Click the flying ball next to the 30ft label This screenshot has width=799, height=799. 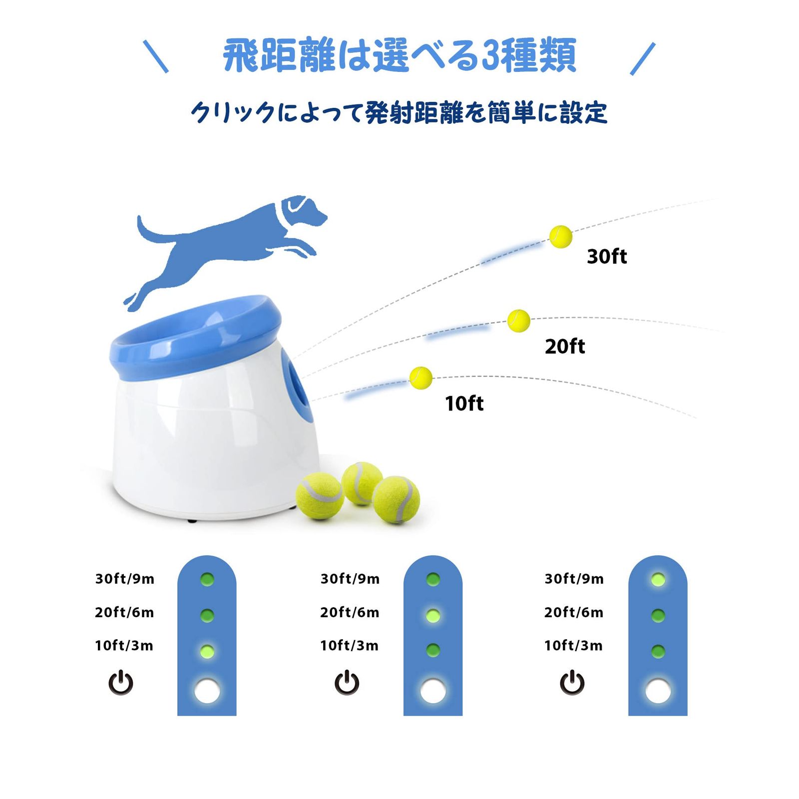[x=560, y=237]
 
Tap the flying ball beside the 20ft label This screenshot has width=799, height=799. [x=518, y=321]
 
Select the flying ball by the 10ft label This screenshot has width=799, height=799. [x=420, y=378]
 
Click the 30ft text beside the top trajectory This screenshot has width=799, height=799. [x=606, y=257]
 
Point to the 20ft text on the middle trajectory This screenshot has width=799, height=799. [x=564, y=347]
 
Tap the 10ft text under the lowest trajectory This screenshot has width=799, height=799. [x=464, y=403]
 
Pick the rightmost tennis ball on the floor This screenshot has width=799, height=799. [x=396, y=500]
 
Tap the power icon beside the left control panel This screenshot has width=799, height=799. [x=121, y=683]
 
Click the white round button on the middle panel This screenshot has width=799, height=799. [x=432, y=691]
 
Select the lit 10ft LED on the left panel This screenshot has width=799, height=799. [x=207, y=651]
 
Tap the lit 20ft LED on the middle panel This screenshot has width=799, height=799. [x=432, y=615]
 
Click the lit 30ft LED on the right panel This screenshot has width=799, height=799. [x=658, y=579]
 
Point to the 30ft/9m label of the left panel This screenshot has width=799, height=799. [x=125, y=579]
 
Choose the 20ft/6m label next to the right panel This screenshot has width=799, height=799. [x=574, y=612]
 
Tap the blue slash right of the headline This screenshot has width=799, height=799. [x=642, y=59]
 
